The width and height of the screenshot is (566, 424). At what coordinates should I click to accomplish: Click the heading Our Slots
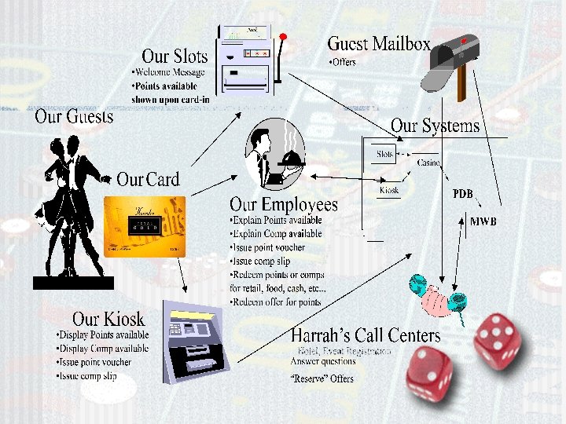pos(175,57)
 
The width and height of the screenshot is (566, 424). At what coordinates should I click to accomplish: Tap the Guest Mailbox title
pos(378,44)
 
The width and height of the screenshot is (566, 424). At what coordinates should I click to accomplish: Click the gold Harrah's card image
pos(145,226)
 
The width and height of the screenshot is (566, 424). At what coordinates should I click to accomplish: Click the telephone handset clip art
pos(437,297)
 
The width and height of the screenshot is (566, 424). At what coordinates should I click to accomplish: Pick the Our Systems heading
pos(434,126)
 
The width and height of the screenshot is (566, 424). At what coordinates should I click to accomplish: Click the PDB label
pos(463,193)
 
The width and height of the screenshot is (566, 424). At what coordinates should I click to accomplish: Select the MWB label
pos(483,222)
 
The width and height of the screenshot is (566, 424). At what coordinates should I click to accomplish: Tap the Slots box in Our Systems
pos(385,155)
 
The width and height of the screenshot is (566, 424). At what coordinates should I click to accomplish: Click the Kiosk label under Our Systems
pos(388,190)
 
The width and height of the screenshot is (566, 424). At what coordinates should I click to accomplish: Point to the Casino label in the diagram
pos(428,163)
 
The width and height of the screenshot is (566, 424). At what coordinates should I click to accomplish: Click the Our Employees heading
pos(283,206)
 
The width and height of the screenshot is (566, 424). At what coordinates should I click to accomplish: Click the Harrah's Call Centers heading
pos(366,336)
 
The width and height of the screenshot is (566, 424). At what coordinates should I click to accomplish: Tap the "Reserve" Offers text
pos(322,378)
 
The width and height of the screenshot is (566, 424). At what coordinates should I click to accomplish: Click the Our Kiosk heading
pos(108,319)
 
